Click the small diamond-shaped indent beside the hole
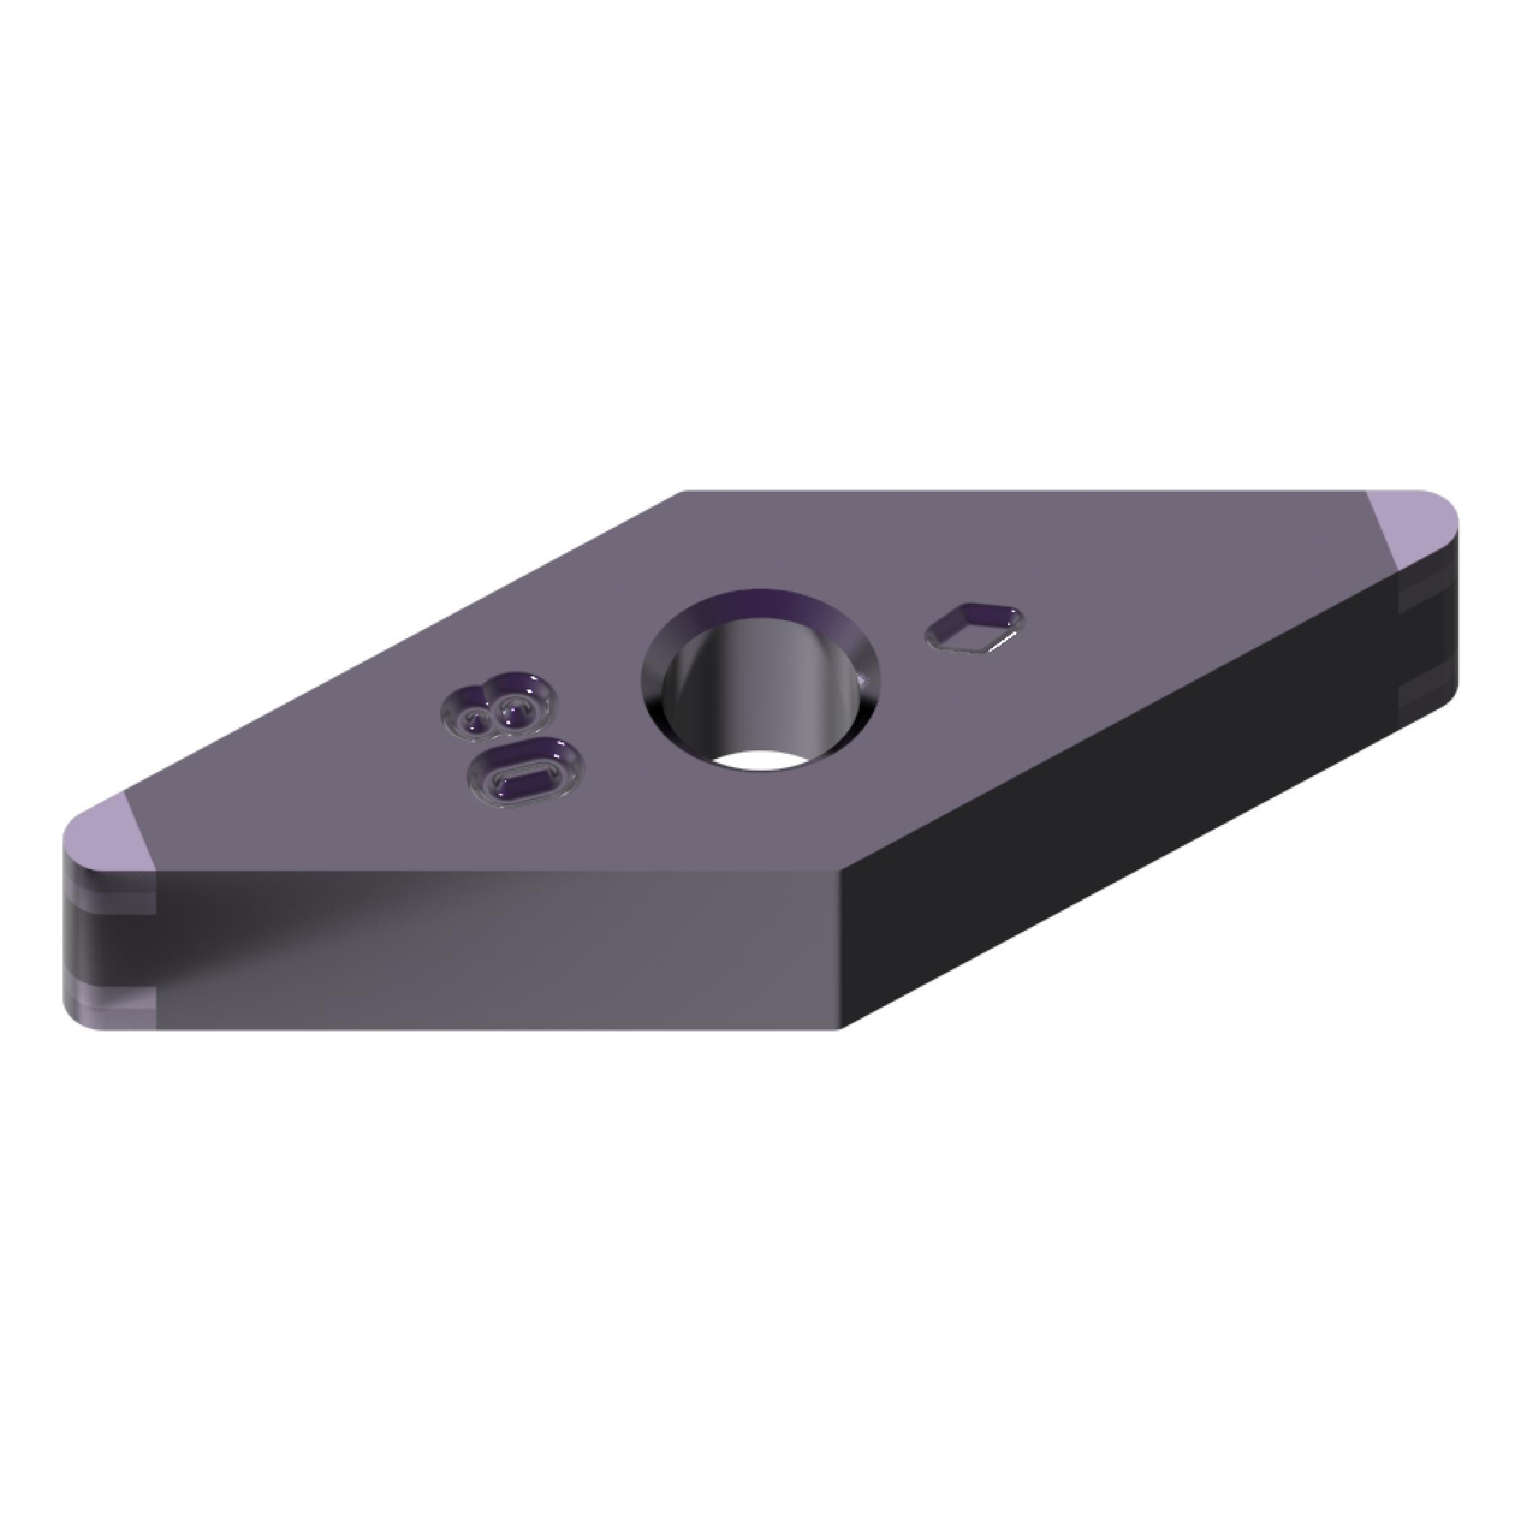[x=975, y=627]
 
